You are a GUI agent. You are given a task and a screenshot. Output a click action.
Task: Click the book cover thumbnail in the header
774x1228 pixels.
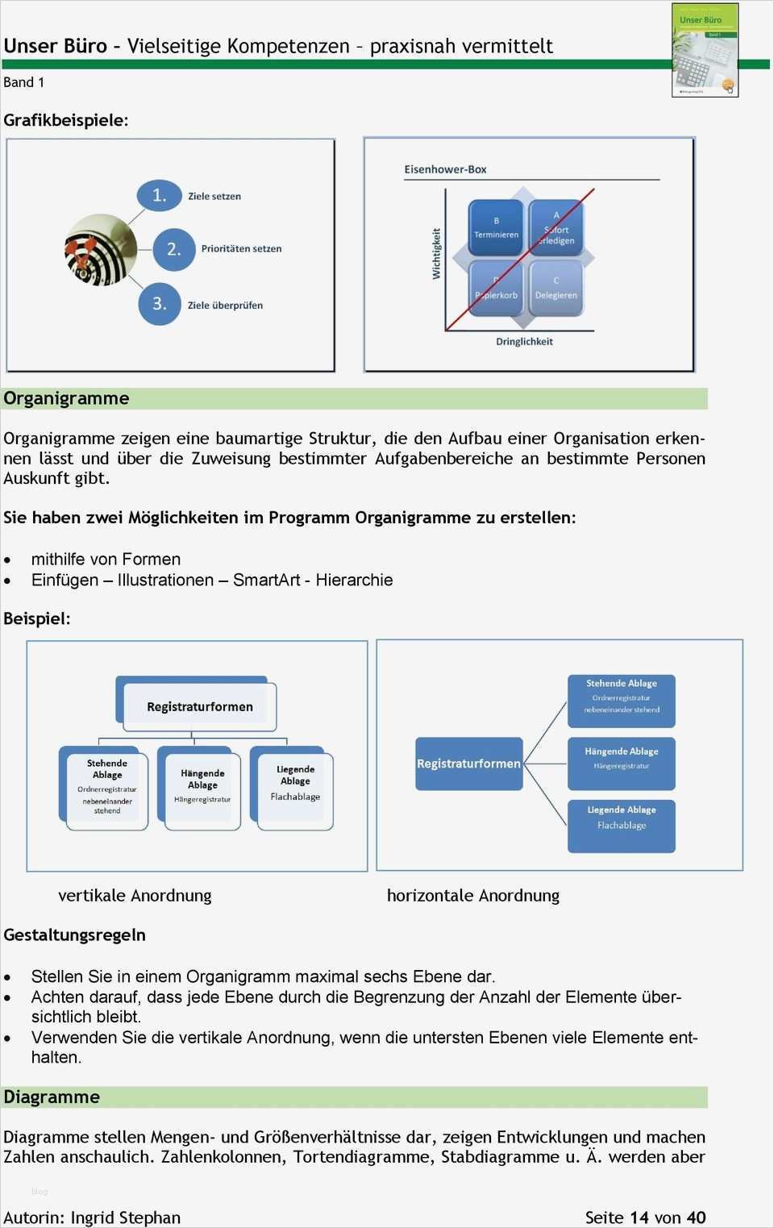[x=705, y=50]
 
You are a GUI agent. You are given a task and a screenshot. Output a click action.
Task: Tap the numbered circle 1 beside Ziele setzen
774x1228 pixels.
[x=160, y=195]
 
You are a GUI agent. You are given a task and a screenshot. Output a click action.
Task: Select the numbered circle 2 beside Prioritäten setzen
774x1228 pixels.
[x=173, y=248]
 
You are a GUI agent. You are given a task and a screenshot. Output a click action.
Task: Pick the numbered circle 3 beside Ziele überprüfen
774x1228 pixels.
[x=160, y=304]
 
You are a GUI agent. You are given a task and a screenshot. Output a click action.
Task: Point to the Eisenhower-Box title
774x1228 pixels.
[x=445, y=169]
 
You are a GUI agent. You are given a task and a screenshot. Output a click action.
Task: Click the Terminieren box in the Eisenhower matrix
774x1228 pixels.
[x=496, y=228]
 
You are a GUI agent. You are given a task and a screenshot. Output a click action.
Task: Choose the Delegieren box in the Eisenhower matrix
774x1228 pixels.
[x=556, y=288]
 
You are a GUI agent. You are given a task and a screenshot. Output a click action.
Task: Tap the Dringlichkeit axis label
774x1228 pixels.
[x=524, y=342]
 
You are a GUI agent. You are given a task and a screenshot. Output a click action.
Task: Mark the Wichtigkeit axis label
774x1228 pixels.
[x=436, y=253]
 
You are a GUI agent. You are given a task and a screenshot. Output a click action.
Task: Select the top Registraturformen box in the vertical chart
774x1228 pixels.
[x=199, y=706]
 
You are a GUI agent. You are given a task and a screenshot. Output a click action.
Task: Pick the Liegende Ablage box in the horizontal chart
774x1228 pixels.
[x=621, y=825]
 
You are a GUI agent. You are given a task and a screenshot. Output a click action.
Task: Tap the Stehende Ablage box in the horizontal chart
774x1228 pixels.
[x=621, y=701]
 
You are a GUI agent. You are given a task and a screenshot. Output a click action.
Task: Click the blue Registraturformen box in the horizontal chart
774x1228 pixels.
[x=468, y=763]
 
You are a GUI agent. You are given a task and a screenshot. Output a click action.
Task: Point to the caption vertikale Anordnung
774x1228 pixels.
[x=135, y=896]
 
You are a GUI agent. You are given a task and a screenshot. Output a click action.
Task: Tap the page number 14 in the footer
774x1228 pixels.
[x=639, y=1218]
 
